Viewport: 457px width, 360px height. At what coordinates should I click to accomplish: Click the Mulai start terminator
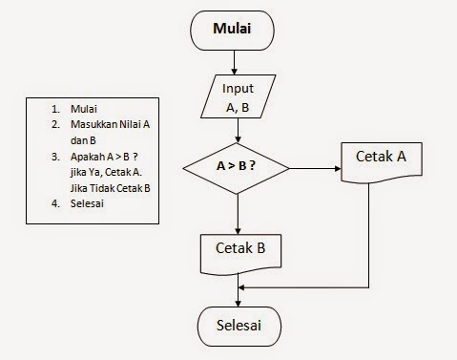coord(239,30)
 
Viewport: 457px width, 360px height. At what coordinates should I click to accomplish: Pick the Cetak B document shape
coord(239,251)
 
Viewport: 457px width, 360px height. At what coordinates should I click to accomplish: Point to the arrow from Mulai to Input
coord(239,63)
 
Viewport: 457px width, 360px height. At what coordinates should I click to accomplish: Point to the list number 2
coord(46,123)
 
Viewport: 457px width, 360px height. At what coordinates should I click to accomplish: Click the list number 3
coord(46,156)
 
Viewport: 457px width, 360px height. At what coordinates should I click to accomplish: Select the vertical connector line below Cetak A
coord(368,239)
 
